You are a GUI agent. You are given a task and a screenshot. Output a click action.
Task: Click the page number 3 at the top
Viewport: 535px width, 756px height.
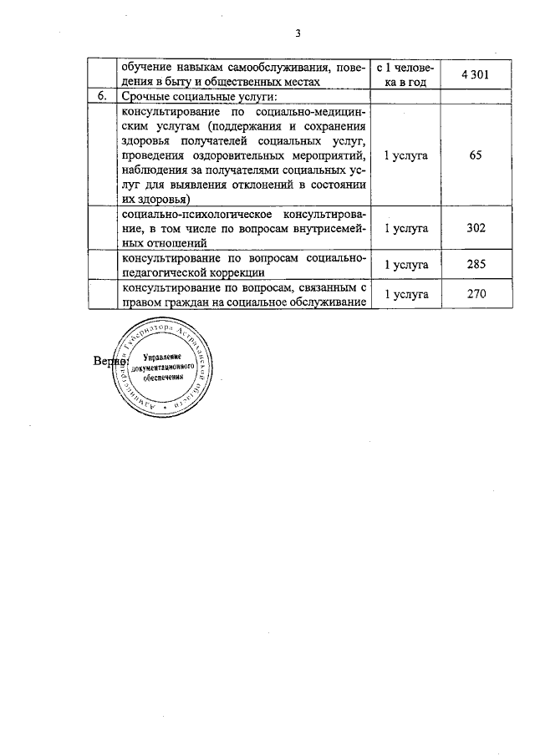click(x=297, y=34)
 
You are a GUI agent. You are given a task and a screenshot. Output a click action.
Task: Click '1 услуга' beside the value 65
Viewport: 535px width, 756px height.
click(x=405, y=155)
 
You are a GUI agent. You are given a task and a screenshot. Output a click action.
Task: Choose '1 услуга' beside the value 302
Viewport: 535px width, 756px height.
click(x=405, y=226)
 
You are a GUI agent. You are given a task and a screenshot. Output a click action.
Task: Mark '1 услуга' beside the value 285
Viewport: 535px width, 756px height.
click(x=405, y=265)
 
